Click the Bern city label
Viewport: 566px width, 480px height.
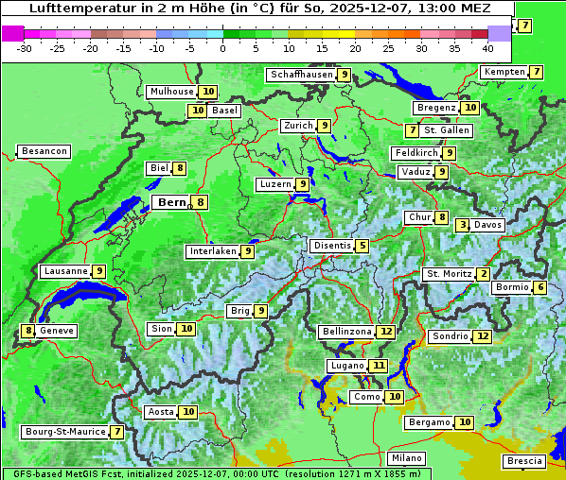click(171, 202)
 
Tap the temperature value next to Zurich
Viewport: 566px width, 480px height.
click(324, 126)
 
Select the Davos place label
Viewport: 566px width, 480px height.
click(487, 225)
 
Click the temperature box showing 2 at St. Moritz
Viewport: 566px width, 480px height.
click(484, 274)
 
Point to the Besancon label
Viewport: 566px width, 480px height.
click(44, 151)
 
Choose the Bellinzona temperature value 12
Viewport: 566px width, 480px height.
click(385, 332)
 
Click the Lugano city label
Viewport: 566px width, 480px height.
click(345, 366)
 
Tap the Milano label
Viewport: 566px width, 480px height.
click(407, 458)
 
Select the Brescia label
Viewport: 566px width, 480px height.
click(524, 461)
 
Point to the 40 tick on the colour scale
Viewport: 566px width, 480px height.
click(487, 48)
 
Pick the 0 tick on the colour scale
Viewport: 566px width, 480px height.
click(223, 48)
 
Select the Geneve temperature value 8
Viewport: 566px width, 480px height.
click(29, 331)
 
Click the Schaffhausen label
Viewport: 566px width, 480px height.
click(300, 75)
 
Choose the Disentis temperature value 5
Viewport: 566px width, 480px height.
click(363, 246)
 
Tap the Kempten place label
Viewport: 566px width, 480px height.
click(503, 72)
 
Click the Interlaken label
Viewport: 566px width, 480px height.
click(212, 251)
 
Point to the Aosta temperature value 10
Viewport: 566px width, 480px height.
click(188, 412)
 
